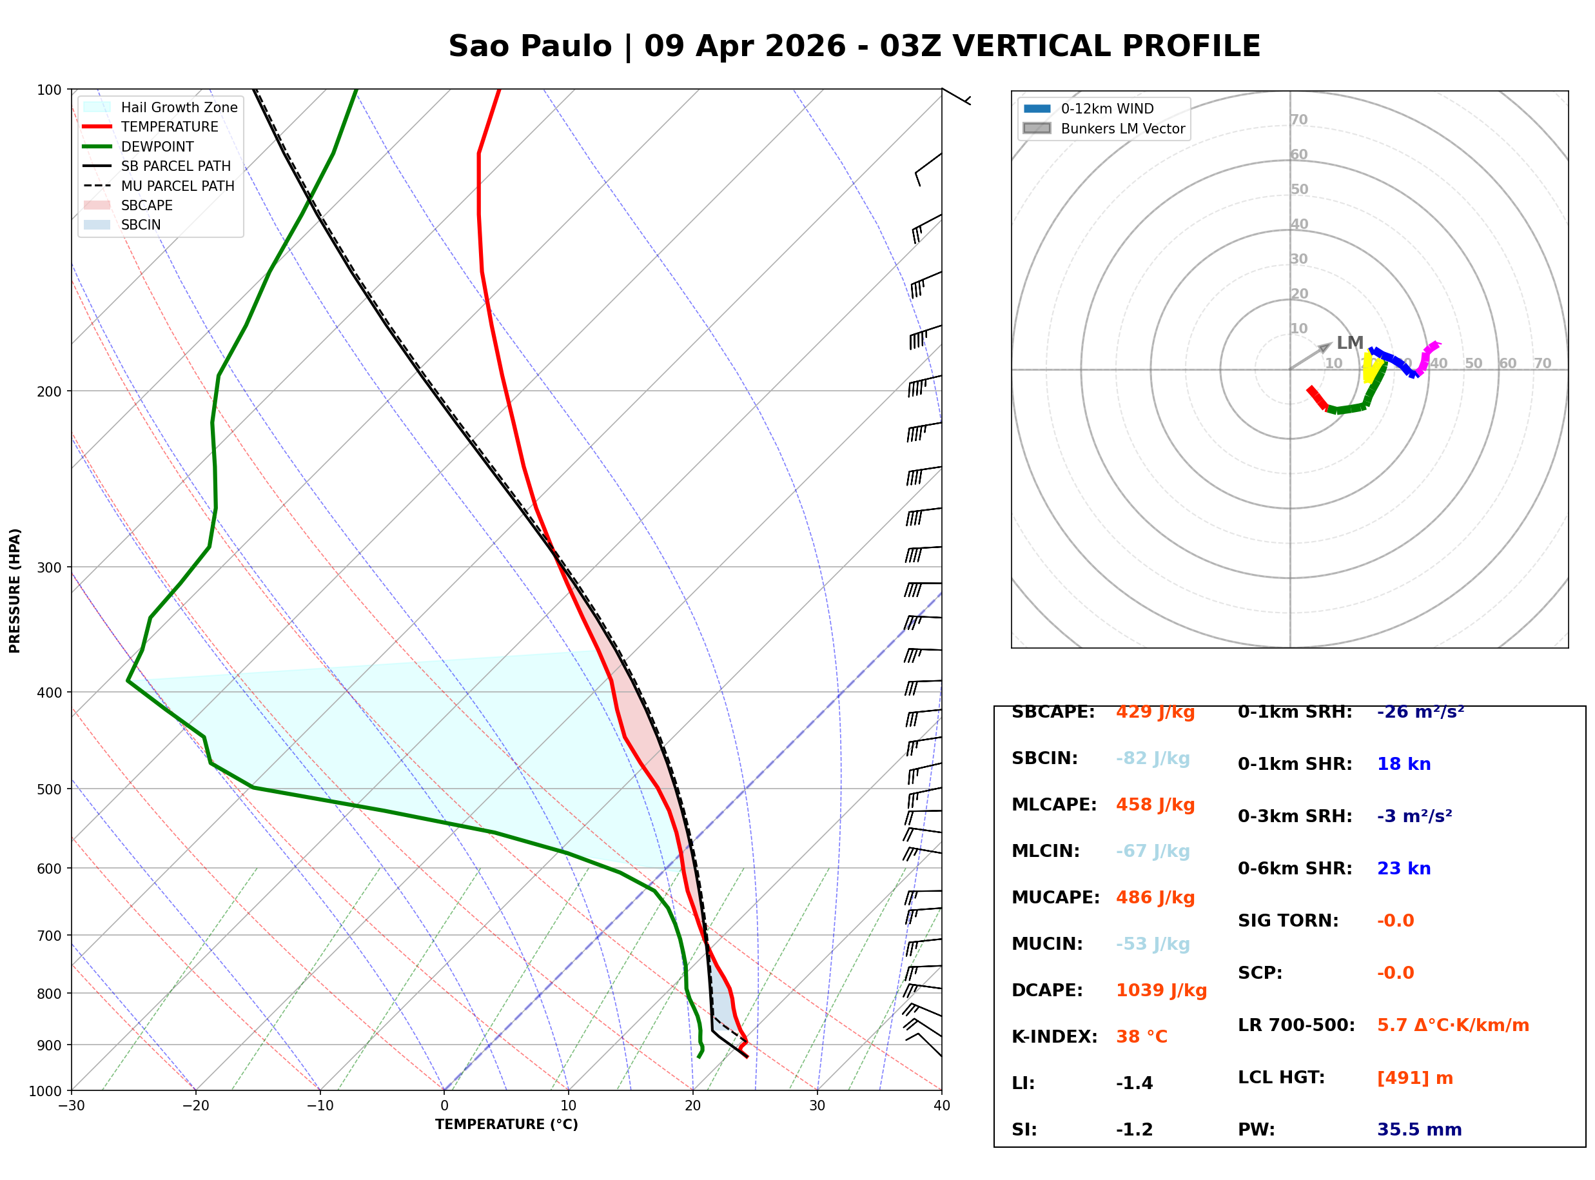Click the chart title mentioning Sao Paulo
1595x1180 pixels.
point(854,46)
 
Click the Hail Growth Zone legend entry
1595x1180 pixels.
point(179,107)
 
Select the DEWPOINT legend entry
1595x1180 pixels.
point(157,146)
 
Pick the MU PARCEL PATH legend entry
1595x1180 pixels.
point(177,186)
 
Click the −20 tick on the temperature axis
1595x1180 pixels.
point(195,1106)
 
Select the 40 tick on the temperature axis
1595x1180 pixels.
point(941,1106)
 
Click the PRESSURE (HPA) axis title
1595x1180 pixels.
point(15,590)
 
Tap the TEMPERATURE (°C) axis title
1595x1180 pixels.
point(506,1125)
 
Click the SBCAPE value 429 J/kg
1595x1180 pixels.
point(1155,712)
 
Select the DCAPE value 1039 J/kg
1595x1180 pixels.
point(1161,990)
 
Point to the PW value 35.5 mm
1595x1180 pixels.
point(1418,1129)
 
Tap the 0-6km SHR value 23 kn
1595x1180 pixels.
point(1403,869)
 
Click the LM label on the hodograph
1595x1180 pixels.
point(1349,343)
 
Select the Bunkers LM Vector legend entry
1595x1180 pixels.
point(1122,128)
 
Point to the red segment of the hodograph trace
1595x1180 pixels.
point(1317,398)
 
